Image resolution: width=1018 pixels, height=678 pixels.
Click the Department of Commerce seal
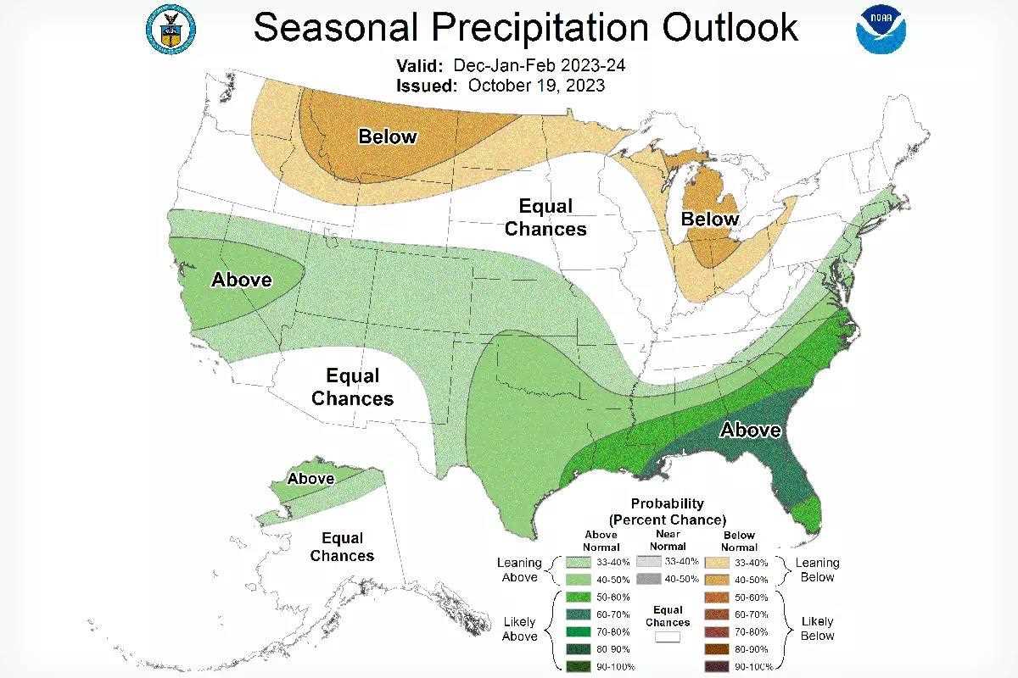[172, 27]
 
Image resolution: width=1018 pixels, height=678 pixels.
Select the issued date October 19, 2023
[535, 86]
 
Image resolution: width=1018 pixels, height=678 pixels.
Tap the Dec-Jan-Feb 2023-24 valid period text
[540, 66]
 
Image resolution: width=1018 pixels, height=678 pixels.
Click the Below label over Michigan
[710, 220]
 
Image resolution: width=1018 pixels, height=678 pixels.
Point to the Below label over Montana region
[388, 136]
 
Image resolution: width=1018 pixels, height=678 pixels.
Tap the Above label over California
[242, 280]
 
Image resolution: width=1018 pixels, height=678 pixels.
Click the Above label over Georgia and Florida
[750, 431]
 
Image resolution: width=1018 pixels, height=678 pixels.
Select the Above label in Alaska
[310, 479]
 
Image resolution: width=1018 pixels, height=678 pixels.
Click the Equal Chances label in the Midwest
[545, 218]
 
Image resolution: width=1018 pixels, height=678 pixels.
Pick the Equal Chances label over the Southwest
[353, 387]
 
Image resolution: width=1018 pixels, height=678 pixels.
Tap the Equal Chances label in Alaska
[342, 547]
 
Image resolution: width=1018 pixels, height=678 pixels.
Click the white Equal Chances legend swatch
[668, 637]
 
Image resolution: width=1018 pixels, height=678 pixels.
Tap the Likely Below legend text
[817, 629]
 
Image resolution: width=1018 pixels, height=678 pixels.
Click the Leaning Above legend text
[519, 570]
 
